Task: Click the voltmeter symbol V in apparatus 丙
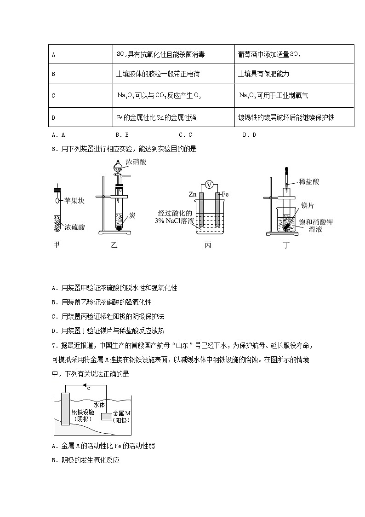pos(209,185)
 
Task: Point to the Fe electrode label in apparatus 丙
pos(225,194)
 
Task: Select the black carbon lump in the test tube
pos(119,227)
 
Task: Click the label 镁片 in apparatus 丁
pos(307,204)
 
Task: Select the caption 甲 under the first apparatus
pos(56,245)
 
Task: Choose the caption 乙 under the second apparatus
pos(114,245)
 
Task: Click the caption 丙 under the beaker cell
pos(208,245)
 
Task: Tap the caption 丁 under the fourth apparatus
pos(286,245)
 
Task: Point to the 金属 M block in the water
pos(107,416)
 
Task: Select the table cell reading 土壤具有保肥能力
pos(263,74)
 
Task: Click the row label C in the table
pos(53,96)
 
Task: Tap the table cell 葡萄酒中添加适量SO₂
pos(269,54)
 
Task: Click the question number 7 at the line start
pos(53,346)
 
